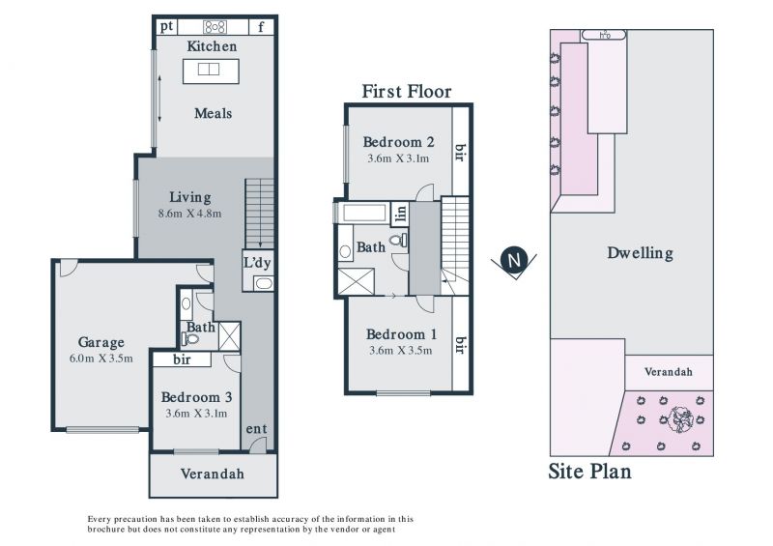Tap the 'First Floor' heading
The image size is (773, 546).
coord(407,92)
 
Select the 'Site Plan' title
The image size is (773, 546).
coord(589,472)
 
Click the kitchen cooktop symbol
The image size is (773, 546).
coord(215,27)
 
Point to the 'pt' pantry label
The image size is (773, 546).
coord(166,26)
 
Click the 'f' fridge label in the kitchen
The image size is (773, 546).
coord(261,27)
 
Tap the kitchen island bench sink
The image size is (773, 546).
coord(209,69)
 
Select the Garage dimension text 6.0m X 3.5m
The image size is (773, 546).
coord(101,359)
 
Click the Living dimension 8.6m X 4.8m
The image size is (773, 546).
coord(189,214)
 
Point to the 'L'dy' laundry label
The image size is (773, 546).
coord(257,263)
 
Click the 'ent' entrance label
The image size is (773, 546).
coord(256,429)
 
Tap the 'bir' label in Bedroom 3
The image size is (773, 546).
coord(182,359)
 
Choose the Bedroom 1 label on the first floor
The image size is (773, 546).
coord(401,334)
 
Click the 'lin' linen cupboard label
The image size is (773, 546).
coord(401,213)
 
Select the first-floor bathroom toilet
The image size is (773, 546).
coord(398,241)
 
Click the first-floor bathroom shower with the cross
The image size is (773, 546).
coord(356,281)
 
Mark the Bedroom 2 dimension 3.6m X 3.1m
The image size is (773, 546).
coord(398,158)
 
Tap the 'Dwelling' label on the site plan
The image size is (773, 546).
coord(640,253)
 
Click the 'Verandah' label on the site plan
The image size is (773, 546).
coord(668,371)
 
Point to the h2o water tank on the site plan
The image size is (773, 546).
coord(604,35)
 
